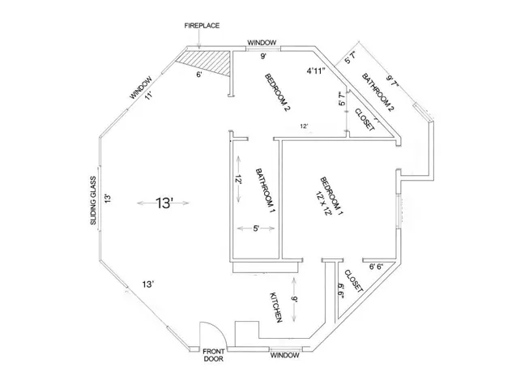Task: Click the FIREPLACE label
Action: point(202,26)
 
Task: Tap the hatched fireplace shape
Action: point(207,60)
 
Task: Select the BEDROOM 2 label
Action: point(279,92)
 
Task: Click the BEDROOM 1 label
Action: point(332,196)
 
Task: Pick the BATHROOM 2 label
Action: point(377,92)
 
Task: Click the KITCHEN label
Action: point(276,307)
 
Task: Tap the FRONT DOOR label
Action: point(214,355)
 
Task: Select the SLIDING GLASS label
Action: point(93,201)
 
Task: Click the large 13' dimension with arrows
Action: point(164,203)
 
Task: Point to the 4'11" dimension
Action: point(316,71)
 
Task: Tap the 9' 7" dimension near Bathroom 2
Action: point(393,81)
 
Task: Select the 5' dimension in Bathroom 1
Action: point(256,229)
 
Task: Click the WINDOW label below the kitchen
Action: point(285,356)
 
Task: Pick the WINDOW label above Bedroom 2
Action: point(262,43)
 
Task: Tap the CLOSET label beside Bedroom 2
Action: point(365,119)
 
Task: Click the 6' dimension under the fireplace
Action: point(198,75)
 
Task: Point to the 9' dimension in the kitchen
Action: point(294,300)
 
